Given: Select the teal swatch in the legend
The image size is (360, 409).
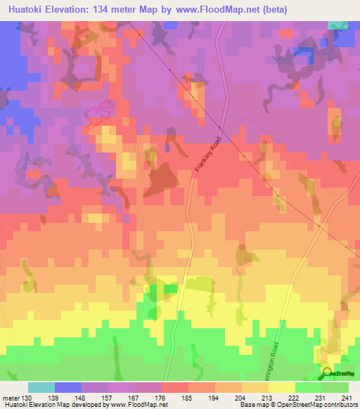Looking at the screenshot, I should tap(41, 387).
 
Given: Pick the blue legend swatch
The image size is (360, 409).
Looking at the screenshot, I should tap(68, 387).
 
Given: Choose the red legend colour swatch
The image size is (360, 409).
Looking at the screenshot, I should tap(175, 387).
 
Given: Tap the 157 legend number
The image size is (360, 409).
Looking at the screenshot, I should tap(108, 398).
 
